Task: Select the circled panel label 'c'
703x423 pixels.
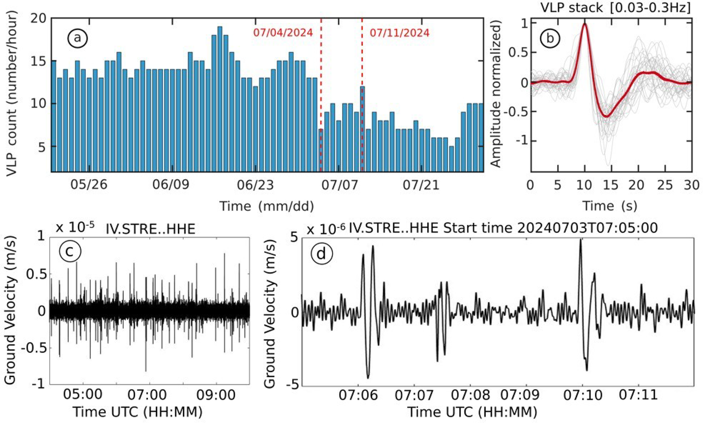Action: [70, 252]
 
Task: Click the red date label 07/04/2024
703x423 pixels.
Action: [283, 33]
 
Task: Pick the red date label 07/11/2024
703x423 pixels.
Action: [400, 33]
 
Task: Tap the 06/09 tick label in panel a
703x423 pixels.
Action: [171, 186]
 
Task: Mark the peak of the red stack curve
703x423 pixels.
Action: [585, 24]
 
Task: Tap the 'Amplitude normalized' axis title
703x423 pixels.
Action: [497, 94]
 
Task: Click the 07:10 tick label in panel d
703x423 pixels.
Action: [582, 395]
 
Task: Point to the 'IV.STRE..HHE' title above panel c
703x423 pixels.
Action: [150, 229]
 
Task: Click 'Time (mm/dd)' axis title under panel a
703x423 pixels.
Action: [266, 206]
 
